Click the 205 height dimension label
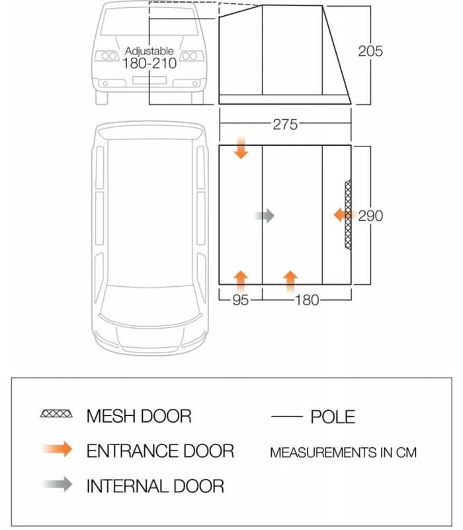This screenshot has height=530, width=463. tap(370, 51)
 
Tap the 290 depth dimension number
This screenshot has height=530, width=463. tap(370, 215)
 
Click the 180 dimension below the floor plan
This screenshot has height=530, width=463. tap(306, 300)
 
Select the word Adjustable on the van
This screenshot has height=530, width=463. tap(149, 51)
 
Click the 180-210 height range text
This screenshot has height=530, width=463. tap(149, 64)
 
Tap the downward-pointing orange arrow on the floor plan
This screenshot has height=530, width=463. tap(241, 148)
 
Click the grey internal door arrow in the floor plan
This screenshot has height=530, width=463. tap(265, 215)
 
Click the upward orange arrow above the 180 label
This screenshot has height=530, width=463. tap(290, 280)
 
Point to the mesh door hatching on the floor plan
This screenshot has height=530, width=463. tap(348, 215)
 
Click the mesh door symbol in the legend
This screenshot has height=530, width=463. tap(56, 415)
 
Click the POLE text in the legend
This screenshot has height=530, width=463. tap(332, 417)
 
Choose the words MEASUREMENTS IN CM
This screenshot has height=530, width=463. tap(343, 453)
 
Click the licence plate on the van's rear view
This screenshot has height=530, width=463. tap(149, 80)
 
